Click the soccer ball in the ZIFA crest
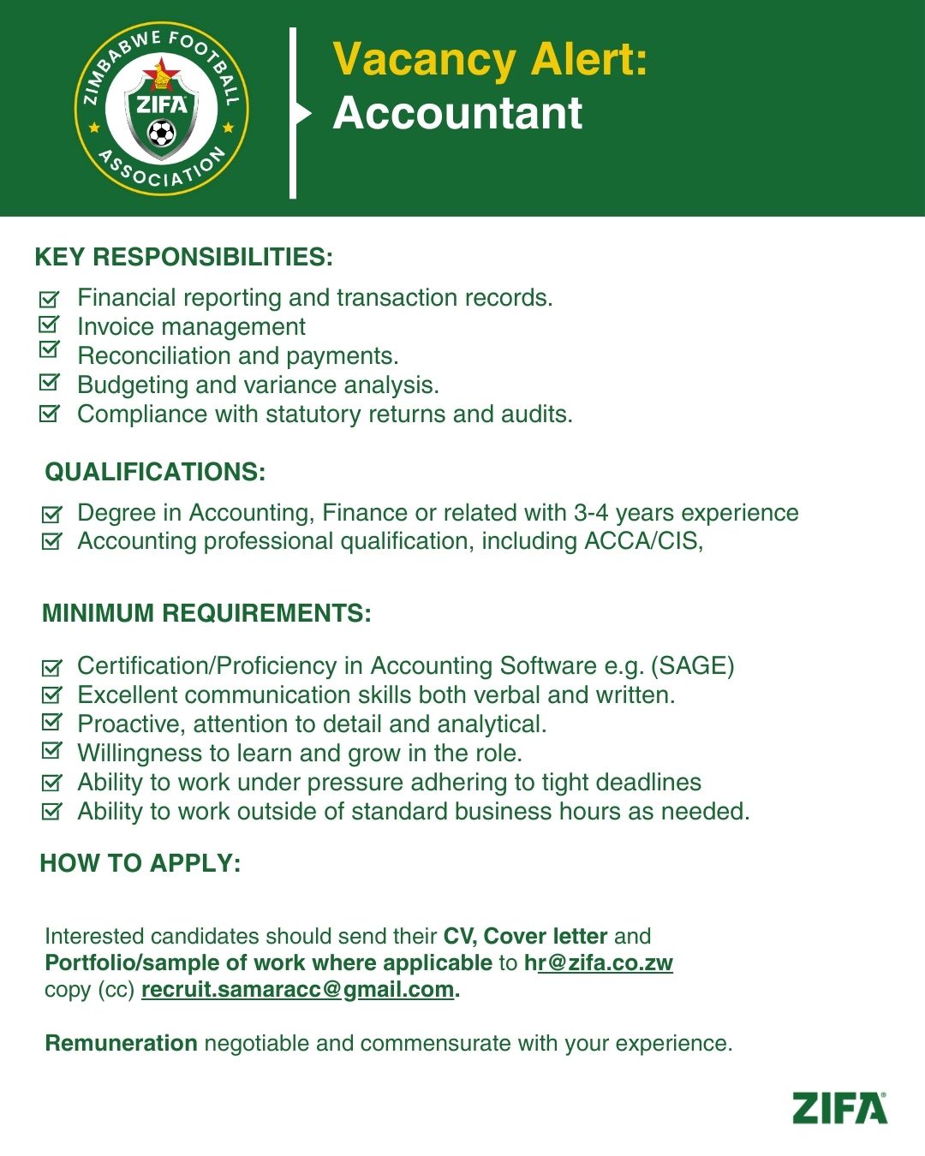coord(161,134)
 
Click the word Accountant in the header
coord(457,113)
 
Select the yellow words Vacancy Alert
coord(489,60)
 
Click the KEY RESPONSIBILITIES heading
coord(183,257)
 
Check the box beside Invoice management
coord(50,325)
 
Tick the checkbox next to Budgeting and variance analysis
coord(50,383)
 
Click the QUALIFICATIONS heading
coord(155,472)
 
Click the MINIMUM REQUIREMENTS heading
coord(206,613)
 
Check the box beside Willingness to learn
coord(51,751)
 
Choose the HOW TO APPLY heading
coord(140,863)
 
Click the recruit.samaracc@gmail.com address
coord(297,989)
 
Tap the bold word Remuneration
coord(121,1043)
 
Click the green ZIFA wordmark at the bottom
coord(839,1108)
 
